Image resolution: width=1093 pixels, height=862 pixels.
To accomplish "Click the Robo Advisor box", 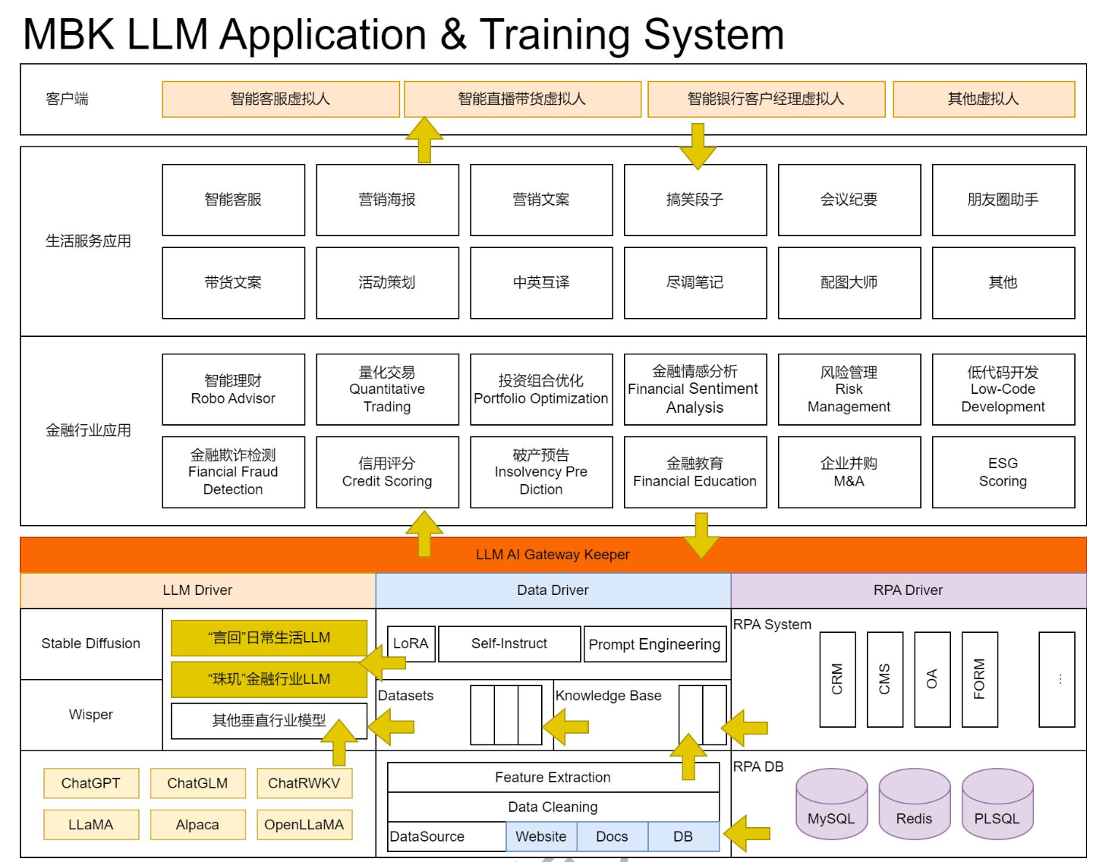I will pos(233,389).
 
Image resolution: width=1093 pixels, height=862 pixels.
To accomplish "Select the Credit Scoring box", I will pos(387,472).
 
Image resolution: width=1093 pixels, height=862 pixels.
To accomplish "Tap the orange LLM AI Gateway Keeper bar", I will pos(553,555).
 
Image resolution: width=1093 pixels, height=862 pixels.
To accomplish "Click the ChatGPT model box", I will pos(91,783).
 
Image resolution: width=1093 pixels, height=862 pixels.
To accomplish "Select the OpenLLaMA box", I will pos(304,824).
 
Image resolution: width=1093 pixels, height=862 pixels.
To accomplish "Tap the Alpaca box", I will pos(197,824).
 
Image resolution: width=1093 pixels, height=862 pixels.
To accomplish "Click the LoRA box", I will pos(411,643).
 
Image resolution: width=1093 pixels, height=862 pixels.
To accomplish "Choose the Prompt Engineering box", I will pos(654,644).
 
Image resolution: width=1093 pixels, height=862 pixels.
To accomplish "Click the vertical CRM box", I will pos(837,679).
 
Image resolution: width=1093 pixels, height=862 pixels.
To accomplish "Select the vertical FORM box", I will pos(979,679).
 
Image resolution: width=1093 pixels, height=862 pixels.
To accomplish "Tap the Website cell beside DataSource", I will pos(540,836).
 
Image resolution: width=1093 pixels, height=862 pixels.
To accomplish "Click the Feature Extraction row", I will pos(553,777).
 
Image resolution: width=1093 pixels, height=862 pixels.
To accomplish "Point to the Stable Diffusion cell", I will pos(91,643).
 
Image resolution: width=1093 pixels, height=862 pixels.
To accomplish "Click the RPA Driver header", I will pos(908,590).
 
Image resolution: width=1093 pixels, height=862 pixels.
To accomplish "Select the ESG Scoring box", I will pos(1003,472).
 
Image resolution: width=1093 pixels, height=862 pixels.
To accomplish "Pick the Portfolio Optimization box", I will pos(540,389).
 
